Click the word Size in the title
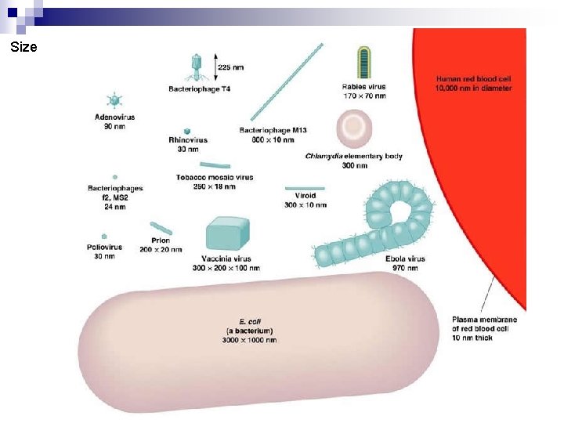click(23, 47)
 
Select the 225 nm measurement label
click(230, 67)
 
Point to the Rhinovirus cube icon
click(187, 131)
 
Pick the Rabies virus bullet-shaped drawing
click(364, 63)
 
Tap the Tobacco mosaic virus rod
click(215, 165)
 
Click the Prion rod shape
click(161, 228)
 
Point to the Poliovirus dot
click(103, 235)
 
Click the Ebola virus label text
click(405, 258)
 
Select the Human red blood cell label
click(473, 84)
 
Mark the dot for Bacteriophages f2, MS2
click(114, 178)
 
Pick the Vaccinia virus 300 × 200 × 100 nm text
click(226, 268)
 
